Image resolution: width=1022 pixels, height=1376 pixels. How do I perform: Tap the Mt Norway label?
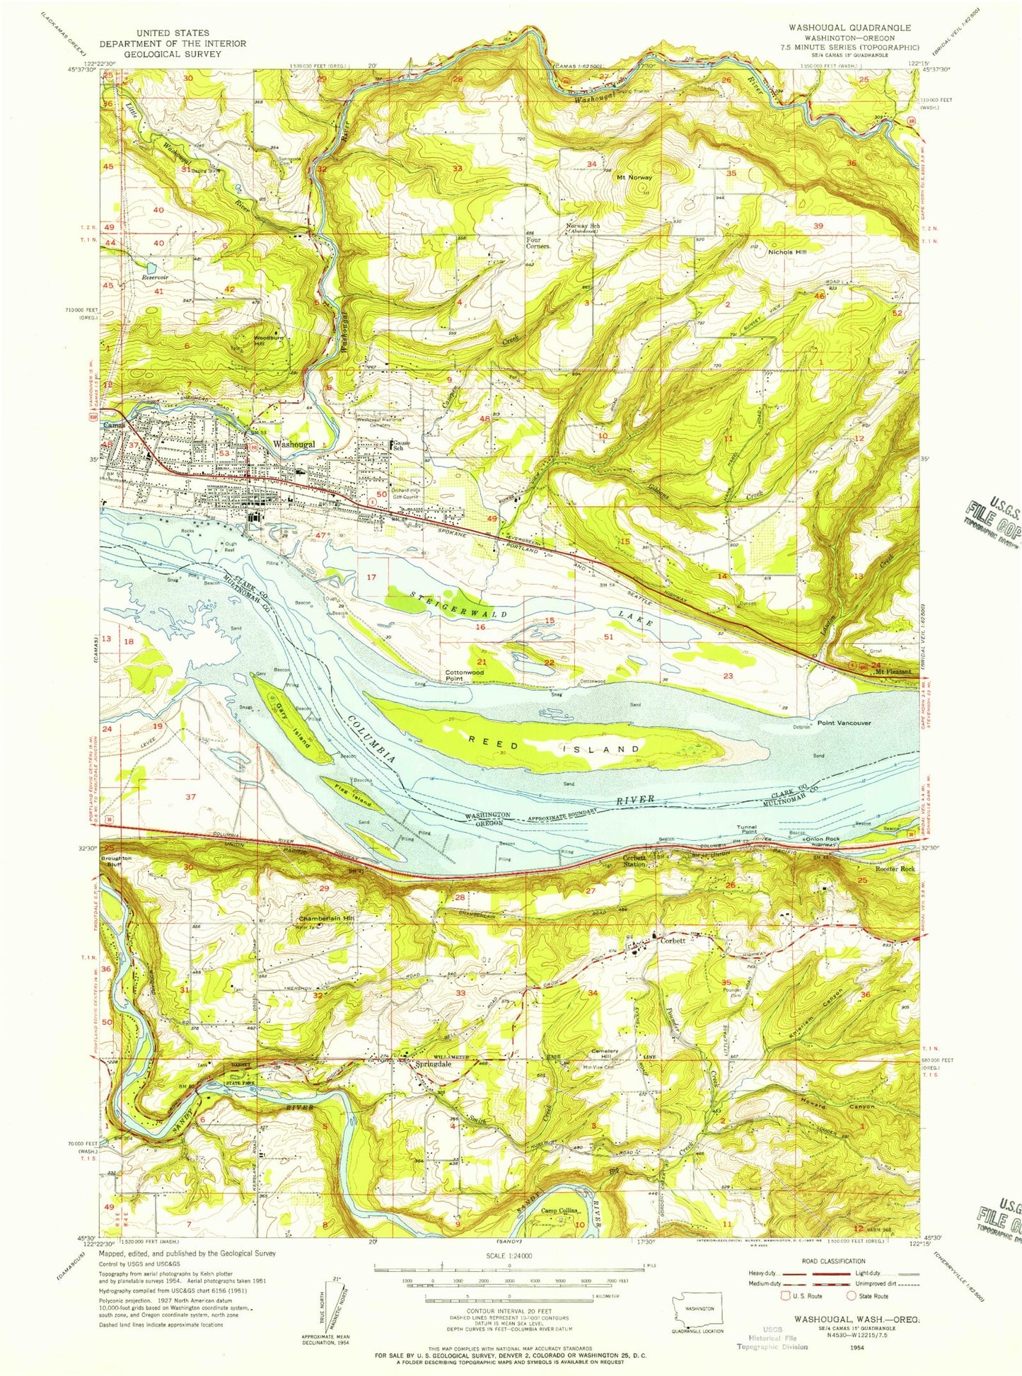[x=634, y=178]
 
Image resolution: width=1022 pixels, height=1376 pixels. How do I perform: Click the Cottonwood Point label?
[x=464, y=675]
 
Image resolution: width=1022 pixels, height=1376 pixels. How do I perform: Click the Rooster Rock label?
[x=895, y=868]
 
